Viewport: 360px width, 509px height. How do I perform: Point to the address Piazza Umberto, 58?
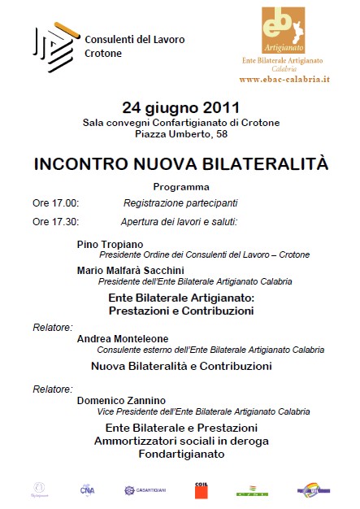point(180,133)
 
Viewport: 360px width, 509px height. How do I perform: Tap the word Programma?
point(181,186)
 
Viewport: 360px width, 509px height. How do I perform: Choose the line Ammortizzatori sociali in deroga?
point(181,441)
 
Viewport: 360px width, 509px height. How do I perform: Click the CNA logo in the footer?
point(87,489)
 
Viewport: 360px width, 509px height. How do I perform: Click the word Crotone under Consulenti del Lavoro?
point(103,54)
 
